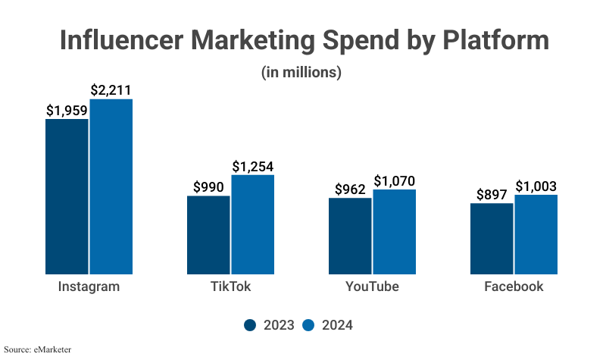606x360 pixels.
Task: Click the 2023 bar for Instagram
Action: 67,196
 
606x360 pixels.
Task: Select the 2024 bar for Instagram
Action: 111,186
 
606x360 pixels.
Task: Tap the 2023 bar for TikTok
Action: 208,235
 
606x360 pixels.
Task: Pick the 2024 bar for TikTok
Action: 253,224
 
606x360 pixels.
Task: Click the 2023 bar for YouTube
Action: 350,236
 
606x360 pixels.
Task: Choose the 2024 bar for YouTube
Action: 395,231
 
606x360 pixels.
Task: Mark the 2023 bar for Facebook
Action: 492,238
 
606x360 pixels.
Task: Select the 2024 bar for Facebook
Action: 536,234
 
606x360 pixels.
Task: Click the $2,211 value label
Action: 111,90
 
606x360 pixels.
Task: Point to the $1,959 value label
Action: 67,110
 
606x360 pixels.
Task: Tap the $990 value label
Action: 208,186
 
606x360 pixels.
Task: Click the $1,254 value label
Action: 252,166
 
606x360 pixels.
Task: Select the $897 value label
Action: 492,194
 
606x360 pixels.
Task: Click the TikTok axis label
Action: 230,286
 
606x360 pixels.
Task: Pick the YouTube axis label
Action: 372,286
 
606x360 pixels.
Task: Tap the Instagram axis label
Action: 89,286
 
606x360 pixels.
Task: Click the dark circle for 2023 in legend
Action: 251,325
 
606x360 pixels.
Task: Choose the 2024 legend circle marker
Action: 308,325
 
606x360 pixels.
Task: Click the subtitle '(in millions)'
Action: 302,73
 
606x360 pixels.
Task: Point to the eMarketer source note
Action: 41,349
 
